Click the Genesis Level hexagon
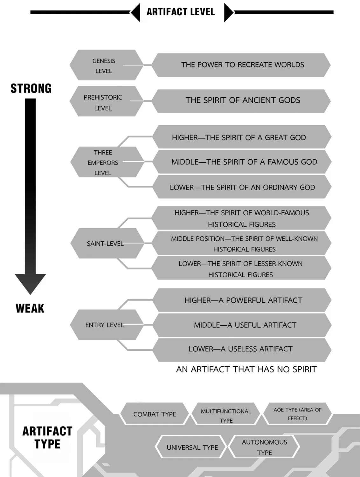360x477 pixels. [x=107, y=65]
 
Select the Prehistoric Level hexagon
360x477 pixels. [x=107, y=101]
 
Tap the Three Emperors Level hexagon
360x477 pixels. [x=107, y=162]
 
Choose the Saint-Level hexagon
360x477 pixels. [x=107, y=243]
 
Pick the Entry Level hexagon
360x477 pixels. [x=107, y=325]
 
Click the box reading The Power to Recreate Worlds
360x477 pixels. [x=241, y=65]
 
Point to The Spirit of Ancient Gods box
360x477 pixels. [x=241, y=101]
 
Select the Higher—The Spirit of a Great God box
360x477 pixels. [x=242, y=137]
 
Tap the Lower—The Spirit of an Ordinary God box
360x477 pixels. [x=242, y=187]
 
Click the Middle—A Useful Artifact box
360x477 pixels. [x=242, y=325]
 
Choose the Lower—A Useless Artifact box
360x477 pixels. [x=242, y=350]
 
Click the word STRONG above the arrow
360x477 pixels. [x=31, y=88]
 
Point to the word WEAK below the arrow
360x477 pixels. [x=30, y=308]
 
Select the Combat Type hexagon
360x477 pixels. [x=155, y=414]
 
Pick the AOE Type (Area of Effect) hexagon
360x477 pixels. [x=297, y=414]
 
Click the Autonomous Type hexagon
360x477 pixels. [x=264, y=447]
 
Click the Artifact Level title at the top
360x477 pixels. [x=181, y=12]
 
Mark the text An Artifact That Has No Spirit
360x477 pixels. [x=246, y=370]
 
